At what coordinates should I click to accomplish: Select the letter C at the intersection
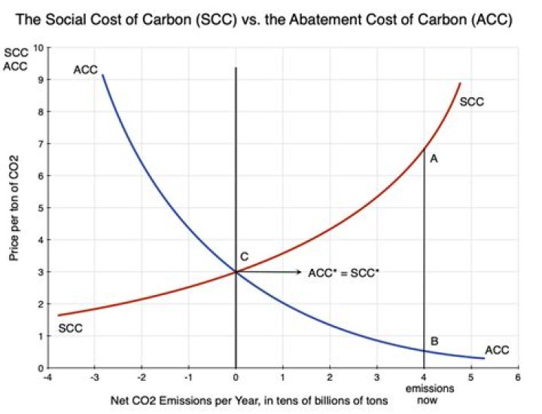245,257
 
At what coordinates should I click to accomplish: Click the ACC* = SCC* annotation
343,272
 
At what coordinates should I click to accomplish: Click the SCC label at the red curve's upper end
471,101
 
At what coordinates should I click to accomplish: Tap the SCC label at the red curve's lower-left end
69,330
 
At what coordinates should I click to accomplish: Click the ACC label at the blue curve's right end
497,351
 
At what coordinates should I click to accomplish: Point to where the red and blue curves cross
236,272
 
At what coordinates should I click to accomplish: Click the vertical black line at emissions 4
424,256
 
